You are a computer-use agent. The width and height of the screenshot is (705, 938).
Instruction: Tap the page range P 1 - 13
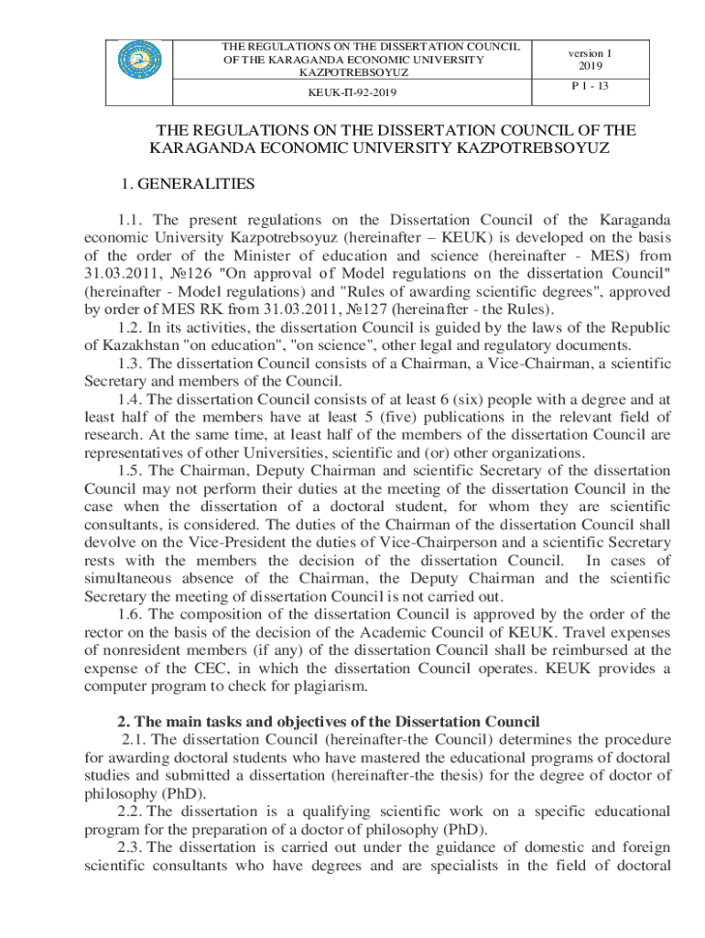tap(590, 85)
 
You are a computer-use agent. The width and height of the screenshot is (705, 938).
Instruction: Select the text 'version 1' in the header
tap(590, 53)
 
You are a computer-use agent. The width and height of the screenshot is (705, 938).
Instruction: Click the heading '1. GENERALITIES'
tap(188, 184)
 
